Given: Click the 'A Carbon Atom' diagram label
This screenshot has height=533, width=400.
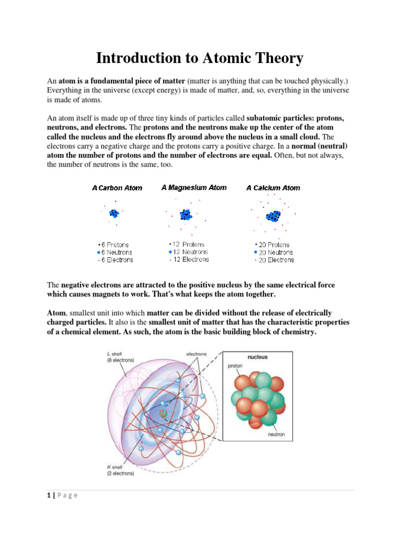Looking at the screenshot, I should (x=117, y=188).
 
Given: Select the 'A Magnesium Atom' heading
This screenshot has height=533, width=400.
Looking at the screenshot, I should (x=194, y=187).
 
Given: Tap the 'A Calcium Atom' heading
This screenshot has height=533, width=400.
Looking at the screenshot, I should (x=273, y=188).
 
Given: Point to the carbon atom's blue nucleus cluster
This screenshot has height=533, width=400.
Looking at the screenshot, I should (x=113, y=213).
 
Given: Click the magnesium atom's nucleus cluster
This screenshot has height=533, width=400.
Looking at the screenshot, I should (x=186, y=214).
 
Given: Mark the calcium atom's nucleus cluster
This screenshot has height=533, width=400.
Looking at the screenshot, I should (x=273, y=215).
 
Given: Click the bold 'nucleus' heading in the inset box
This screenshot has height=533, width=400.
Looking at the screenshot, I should (x=257, y=358).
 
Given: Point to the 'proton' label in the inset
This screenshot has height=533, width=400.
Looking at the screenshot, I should (x=235, y=366).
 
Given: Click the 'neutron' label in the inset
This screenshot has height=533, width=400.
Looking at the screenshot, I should (x=276, y=435).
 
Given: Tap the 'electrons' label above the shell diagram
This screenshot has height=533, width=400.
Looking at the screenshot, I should (x=196, y=354).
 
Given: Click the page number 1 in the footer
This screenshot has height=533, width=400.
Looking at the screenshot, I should (x=48, y=495).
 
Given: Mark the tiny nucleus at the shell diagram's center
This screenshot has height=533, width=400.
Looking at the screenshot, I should (x=164, y=414).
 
